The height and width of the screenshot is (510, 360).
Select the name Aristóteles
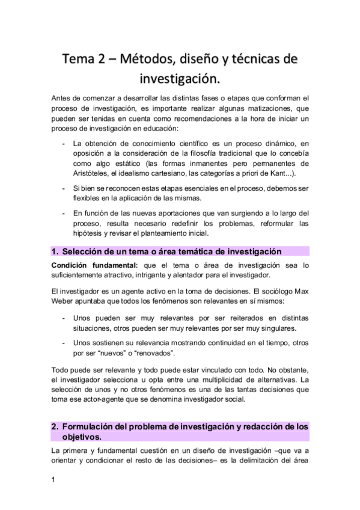click(92, 174)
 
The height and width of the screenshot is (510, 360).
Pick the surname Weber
click(66, 300)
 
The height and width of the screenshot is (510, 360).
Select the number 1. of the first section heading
click(55, 251)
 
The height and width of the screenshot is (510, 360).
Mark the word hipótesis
click(90, 234)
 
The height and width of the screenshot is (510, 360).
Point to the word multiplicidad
click(194, 380)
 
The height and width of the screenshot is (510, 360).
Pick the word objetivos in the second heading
click(83, 437)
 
